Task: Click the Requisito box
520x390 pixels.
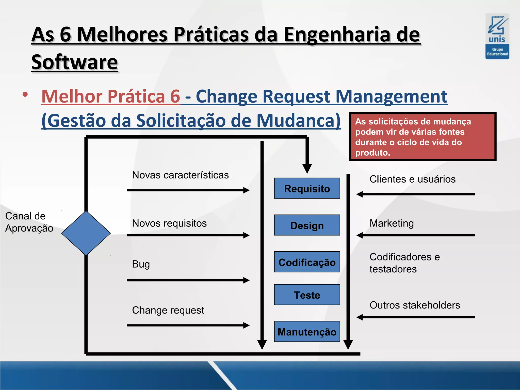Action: [307, 188]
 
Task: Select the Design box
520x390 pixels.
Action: [307, 225]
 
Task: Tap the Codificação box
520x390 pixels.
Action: [307, 262]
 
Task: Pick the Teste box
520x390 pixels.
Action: [307, 295]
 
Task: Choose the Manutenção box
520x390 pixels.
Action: [307, 332]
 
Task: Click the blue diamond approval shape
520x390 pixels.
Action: [86, 233]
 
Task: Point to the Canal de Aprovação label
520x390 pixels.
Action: [29, 222]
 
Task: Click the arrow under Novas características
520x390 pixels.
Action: [188, 190]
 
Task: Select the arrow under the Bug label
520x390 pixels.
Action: [188, 280]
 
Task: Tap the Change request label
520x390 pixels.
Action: [168, 310]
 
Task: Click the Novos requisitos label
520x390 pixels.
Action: [169, 223]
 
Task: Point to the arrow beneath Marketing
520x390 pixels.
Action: [415, 235]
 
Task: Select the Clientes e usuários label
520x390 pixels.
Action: [412, 179]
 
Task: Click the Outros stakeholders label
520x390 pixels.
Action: [415, 305]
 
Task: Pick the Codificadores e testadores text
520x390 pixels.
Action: [404, 263]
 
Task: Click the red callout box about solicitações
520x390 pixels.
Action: [422, 137]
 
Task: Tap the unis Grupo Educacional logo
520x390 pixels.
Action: [497, 36]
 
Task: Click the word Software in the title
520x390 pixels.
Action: [75, 62]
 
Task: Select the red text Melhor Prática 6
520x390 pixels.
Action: [111, 96]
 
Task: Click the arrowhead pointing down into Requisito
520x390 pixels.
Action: [307, 168]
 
